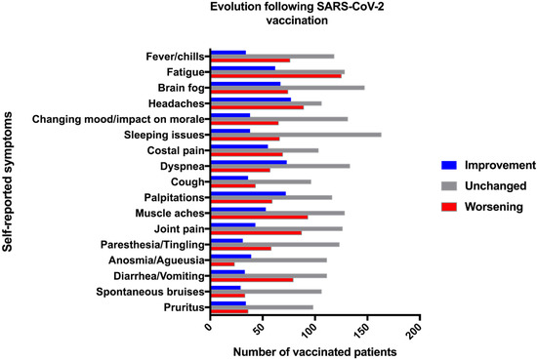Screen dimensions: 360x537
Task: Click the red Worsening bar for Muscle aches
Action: coord(259,218)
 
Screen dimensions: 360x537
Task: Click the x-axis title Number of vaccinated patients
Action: coord(315,350)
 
